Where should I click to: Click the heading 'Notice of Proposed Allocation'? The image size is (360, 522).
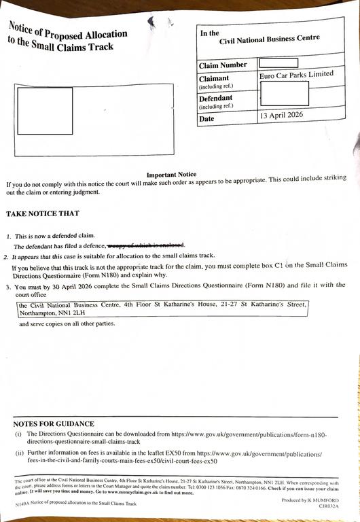67,30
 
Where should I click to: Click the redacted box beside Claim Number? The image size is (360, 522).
278,64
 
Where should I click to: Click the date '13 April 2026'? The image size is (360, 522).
281,115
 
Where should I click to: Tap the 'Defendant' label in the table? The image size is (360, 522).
215,99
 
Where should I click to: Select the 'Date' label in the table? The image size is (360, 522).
206,119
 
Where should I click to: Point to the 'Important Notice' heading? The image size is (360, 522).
171,175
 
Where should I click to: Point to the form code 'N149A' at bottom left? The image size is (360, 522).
23,504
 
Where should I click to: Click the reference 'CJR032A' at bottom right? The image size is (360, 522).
328,506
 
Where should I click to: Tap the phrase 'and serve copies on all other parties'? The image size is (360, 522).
67,324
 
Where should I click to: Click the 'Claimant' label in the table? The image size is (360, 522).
214,79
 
